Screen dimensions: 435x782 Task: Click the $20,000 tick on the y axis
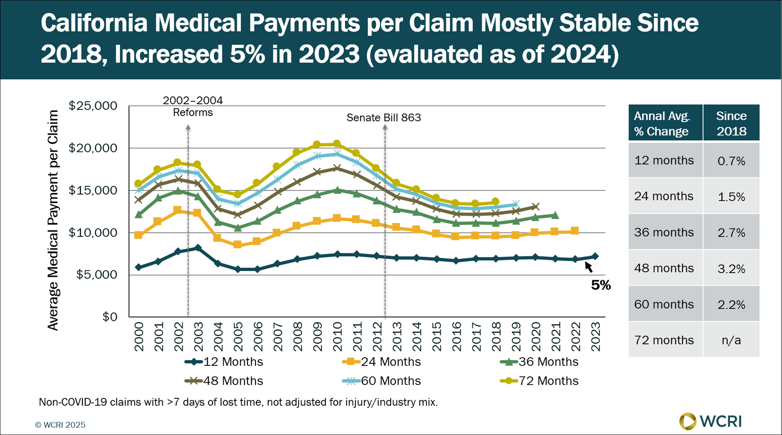pyautogui.click(x=93, y=148)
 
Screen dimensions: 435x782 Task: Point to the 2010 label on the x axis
pyautogui.click(x=337, y=336)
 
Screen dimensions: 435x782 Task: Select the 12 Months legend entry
pyautogui.click(x=224, y=362)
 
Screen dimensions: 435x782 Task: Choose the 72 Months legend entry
pyautogui.click(x=540, y=381)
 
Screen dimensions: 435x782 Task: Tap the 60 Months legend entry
pyautogui.click(x=382, y=381)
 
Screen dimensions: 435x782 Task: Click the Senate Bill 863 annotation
pyautogui.click(x=383, y=118)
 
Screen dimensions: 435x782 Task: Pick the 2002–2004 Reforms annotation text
pyautogui.click(x=193, y=106)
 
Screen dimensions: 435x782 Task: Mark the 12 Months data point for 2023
pyautogui.click(x=595, y=256)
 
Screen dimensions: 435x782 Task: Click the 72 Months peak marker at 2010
pyautogui.click(x=337, y=144)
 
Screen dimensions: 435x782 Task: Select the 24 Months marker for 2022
pyautogui.click(x=575, y=231)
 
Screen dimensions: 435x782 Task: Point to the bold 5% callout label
pyautogui.click(x=601, y=285)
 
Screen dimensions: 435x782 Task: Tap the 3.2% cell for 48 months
pyautogui.click(x=731, y=269)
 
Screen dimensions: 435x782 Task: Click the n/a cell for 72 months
pyautogui.click(x=731, y=340)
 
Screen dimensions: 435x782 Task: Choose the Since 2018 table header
pyautogui.click(x=731, y=123)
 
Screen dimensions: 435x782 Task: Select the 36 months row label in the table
pyautogui.click(x=664, y=233)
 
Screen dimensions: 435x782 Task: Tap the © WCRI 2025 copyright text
pyautogui.click(x=60, y=425)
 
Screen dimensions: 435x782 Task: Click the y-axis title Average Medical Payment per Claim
pyautogui.click(x=53, y=220)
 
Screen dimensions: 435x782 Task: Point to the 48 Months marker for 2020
pyautogui.click(x=535, y=207)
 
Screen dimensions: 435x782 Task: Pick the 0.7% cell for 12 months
pyautogui.click(x=731, y=161)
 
